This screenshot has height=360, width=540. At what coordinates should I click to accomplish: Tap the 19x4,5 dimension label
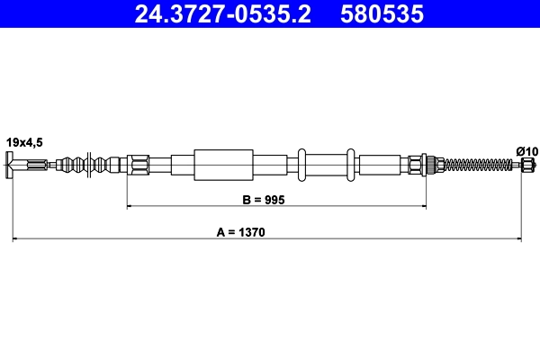(x=24, y=141)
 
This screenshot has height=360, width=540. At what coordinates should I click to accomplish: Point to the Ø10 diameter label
(x=526, y=150)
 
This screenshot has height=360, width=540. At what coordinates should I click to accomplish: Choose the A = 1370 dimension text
(x=240, y=231)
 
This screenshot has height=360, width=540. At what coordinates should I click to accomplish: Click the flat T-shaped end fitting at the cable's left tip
(x=12, y=165)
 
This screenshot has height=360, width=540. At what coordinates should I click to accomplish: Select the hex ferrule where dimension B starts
(x=138, y=165)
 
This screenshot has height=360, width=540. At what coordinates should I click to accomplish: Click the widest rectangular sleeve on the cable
(x=222, y=165)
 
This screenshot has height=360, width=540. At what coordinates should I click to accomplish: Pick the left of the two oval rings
(x=303, y=165)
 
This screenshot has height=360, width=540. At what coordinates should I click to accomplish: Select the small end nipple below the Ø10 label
(x=526, y=165)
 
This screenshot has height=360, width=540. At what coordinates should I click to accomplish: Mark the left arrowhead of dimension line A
(x=14, y=239)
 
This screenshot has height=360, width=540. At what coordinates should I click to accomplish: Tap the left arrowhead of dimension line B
(x=130, y=207)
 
